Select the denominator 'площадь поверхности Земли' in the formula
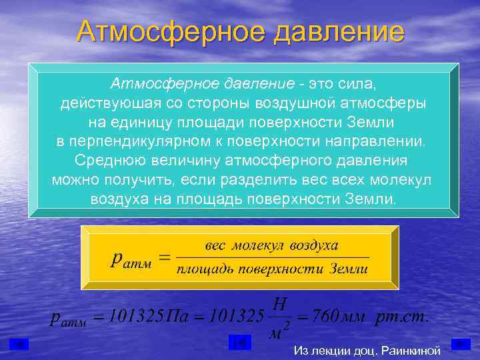[x=272, y=269]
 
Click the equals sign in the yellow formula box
[x=164, y=257]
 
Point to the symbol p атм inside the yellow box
[x=130, y=259]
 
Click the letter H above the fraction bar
[x=280, y=304]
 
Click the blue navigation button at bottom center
[x=239, y=343]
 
